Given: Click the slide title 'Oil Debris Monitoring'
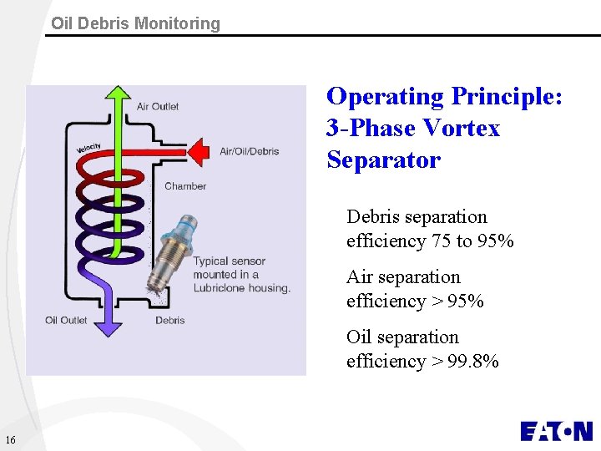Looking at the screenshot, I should point(135,23).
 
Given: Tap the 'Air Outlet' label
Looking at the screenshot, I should point(158,106).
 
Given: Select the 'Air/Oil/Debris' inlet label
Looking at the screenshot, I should point(249,151).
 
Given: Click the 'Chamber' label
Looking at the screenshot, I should point(184,185).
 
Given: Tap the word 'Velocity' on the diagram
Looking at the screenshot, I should point(88,149).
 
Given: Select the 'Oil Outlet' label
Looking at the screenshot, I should point(66,320).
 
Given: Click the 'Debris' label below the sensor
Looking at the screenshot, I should point(170,320).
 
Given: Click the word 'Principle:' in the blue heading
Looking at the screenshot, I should point(507,97).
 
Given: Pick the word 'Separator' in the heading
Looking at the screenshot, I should point(383,160).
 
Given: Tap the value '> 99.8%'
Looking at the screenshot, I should point(463,362).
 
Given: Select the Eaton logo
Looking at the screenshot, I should point(556,431).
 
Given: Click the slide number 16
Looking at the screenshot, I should point(10,440).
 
